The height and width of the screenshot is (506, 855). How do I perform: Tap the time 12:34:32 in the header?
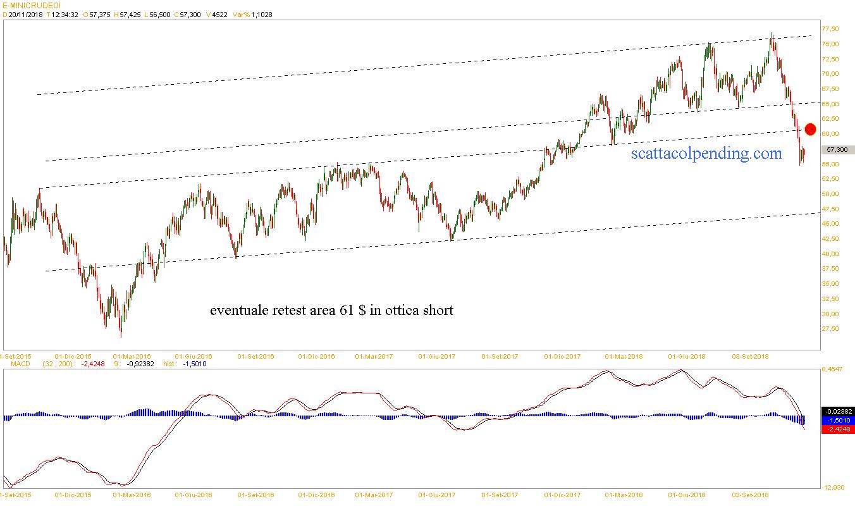coord(65,15)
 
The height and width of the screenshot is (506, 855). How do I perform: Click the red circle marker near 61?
coord(810,129)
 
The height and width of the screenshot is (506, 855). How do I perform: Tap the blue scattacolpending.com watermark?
coord(706,152)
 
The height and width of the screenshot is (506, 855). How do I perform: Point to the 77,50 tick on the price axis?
coord(830,29)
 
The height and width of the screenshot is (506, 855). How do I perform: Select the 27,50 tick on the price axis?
coord(830,329)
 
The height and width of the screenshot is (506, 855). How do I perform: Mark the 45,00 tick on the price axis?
coord(830,224)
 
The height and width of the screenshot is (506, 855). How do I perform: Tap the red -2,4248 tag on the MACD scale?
coord(839,429)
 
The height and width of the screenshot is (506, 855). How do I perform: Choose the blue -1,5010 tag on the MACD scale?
coord(839,420)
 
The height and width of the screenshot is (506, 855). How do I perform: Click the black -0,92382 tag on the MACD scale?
coord(839,411)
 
